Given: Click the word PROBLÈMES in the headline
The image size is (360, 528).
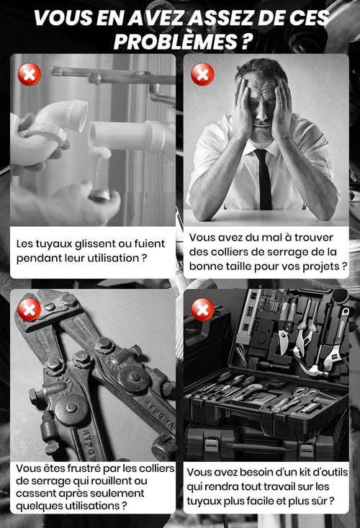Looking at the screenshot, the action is [x=176, y=42].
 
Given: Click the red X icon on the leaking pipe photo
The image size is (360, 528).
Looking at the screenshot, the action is [x=30, y=74].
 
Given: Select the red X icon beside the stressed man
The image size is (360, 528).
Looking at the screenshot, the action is [x=202, y=74].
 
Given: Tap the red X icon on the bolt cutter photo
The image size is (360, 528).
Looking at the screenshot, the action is [x=30, y=310].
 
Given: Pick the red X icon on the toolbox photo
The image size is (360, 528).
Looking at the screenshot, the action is [x=202, y=310].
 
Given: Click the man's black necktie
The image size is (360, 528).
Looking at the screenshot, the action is [x=264, y=179].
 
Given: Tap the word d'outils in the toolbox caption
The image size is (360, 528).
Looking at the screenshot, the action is [x=330, y=472].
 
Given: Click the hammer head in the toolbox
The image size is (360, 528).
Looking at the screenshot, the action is [x=315, y=370].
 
